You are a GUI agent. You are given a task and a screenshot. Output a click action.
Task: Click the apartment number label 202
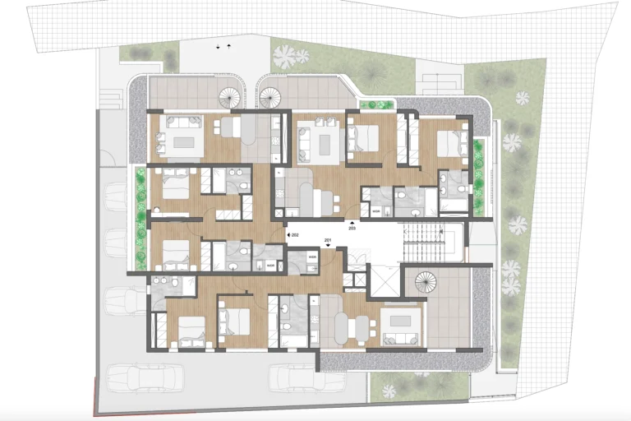click(x=294, y=235)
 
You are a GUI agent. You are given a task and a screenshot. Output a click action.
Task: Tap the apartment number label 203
click(x=352, y=228)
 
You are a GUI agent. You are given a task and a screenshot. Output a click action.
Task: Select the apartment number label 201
click(x=328, y=240)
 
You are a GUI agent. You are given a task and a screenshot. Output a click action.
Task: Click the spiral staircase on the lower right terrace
click(x=426, y=284)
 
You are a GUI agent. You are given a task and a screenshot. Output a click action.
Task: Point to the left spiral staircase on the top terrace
click(x=229, y=98)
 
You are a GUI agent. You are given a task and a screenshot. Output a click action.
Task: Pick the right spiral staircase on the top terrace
click(x=270, y=98)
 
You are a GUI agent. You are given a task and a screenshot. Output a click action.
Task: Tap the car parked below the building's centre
click(x=296, y=377)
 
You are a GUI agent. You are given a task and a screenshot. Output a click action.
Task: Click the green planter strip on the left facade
click(x=140, y=187)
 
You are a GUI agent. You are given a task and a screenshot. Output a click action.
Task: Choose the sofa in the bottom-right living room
click(x=400, y=338)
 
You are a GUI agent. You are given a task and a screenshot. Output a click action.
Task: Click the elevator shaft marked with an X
click(x=383, y=280)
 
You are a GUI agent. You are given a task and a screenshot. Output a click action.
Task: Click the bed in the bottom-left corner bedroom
click(x=188, y=332)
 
